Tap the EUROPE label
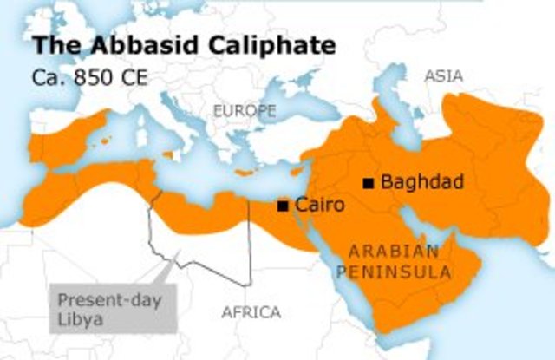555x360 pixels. click(245, 111)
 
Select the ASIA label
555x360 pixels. click(443, 76)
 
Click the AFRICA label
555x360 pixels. click(251, 312)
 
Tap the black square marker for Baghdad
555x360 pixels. click(369, 182)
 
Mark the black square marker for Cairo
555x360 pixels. click(282, 206)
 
